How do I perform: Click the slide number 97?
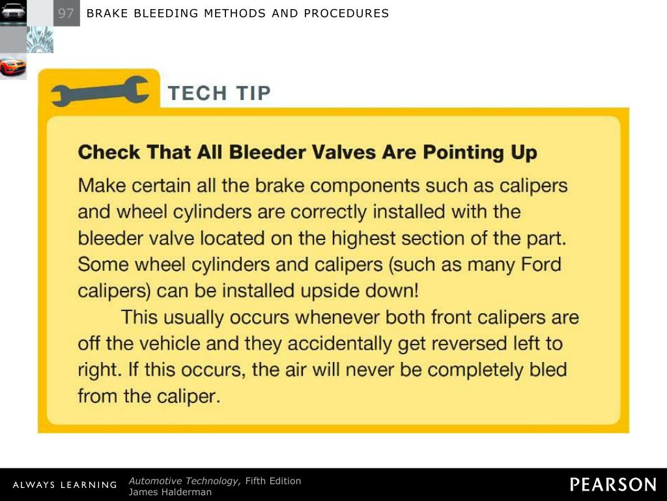tap(66, 13)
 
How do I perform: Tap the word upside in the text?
tap(309, 290)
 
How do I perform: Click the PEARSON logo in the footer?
tap(613, 485)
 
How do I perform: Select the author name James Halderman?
tap(170, 493)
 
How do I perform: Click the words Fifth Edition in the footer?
tap(273, 481)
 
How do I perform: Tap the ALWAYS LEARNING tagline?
tap(64, 485)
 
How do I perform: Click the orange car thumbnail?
tap(13, 67)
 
